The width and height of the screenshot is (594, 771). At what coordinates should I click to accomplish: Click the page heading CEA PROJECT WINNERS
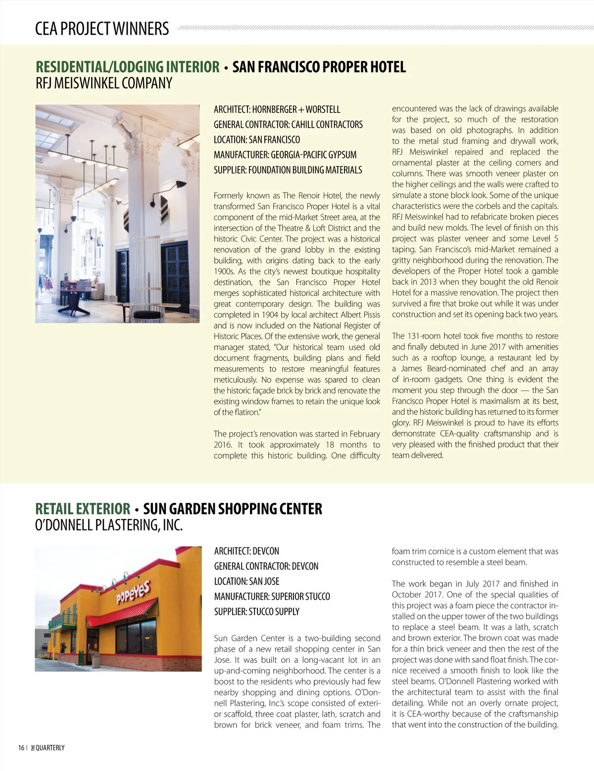(102, 29)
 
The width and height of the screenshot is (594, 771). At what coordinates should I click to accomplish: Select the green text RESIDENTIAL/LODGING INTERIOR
(127, 67)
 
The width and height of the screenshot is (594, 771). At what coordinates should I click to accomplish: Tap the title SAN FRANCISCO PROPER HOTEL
(319, 67)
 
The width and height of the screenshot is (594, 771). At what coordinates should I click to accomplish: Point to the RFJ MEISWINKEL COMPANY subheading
(103, 83)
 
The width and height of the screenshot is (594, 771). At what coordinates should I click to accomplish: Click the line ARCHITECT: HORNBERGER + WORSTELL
(277, 109)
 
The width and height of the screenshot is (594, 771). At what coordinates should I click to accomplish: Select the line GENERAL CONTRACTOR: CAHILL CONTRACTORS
(288, 125)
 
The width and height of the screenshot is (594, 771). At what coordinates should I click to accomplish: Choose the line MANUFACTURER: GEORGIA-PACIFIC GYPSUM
(285, 155)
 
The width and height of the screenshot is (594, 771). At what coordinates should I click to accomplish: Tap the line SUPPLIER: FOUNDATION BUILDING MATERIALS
(288, 170)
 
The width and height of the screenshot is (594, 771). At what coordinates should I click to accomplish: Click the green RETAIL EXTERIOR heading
(83, 509)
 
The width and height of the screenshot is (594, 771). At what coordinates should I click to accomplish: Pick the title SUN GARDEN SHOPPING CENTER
(232, 509)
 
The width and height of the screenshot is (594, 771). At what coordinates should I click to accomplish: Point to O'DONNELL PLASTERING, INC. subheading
(109, 525)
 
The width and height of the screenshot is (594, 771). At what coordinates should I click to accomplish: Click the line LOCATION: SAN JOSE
(247, 581)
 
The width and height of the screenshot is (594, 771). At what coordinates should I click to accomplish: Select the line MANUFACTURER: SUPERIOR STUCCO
(272, 597)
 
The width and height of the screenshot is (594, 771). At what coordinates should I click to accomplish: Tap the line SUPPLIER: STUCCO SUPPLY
(256, 612)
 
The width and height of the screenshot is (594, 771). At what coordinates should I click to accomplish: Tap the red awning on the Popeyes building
(121, 614)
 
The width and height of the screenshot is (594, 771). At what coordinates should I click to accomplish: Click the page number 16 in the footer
(21, 748)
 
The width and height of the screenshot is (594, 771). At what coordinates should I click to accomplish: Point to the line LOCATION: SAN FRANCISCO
(256, 140)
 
